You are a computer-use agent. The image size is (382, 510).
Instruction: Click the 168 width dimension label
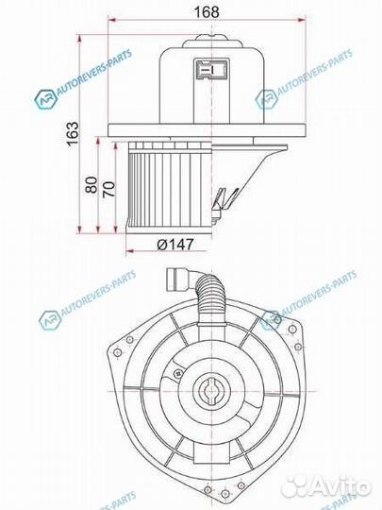coord(204,10)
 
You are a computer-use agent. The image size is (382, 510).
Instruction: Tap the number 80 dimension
coord(91,183)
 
